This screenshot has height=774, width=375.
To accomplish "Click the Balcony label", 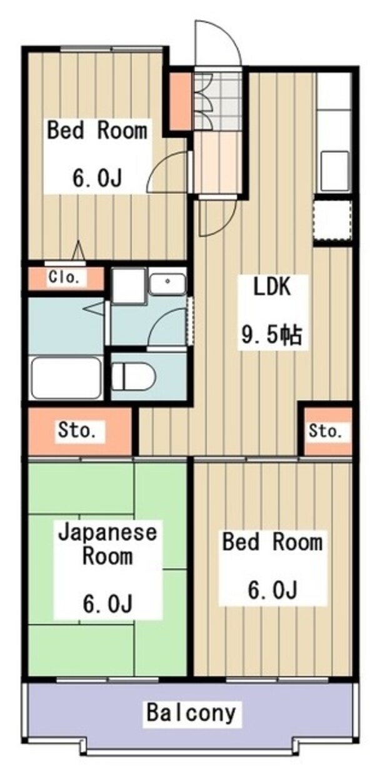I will click(192, 712).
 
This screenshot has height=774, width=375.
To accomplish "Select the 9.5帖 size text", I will click(272, 336).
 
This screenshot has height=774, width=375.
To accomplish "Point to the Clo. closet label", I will click(64, 278).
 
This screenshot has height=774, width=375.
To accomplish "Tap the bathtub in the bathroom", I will click(66, 376).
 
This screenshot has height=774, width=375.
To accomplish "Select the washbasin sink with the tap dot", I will click(167, 284).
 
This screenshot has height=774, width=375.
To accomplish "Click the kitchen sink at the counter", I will click(334, 169).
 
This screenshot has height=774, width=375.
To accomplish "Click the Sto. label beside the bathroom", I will click(77, 430).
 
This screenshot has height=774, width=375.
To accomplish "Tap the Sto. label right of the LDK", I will click(326, 431).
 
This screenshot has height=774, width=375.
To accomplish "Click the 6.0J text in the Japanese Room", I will click(107, 605).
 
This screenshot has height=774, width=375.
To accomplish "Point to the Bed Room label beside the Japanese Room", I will click(272, 541).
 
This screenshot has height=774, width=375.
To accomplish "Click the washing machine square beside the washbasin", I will click(129, 286).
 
